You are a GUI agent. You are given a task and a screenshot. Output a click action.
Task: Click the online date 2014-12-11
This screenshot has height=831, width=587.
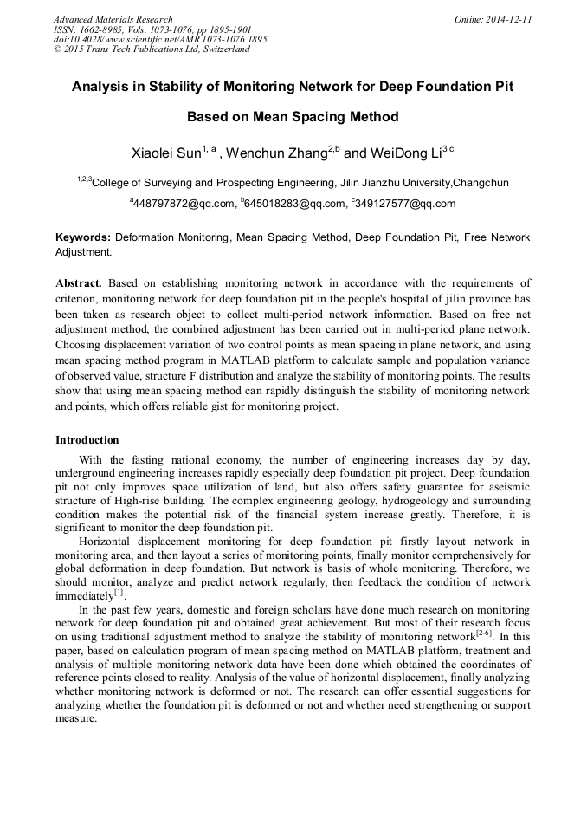pyautogui.click(x=509, y=19)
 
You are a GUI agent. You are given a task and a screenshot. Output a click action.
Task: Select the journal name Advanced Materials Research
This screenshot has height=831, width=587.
pyautogui.click(x=113, y=19)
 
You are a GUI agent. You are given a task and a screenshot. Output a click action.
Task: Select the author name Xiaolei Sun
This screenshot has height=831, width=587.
pyautogui.click(x=165, y=153)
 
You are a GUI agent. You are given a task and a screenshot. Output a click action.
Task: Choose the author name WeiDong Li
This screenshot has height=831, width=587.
pyautogui.click(x=399, y=153)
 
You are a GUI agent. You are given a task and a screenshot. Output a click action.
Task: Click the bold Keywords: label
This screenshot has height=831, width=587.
pyautogui.click(x=83, y=237)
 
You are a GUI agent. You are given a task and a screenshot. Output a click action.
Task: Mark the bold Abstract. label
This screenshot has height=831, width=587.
pyautogui.click(x=79, y=283)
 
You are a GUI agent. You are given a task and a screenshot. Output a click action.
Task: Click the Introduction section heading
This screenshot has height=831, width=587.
pyautogui.click(x=87, y=440)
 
